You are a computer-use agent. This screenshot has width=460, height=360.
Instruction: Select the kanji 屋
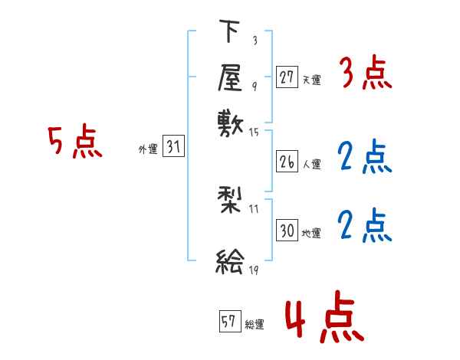pos(230,77)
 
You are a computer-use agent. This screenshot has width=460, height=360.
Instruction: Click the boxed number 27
pos(287,77)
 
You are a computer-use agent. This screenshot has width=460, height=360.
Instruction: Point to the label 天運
pos(312,79)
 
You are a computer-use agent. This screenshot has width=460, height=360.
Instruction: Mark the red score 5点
pos(75,143)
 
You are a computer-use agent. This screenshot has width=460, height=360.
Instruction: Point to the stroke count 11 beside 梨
pos(255,208)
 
